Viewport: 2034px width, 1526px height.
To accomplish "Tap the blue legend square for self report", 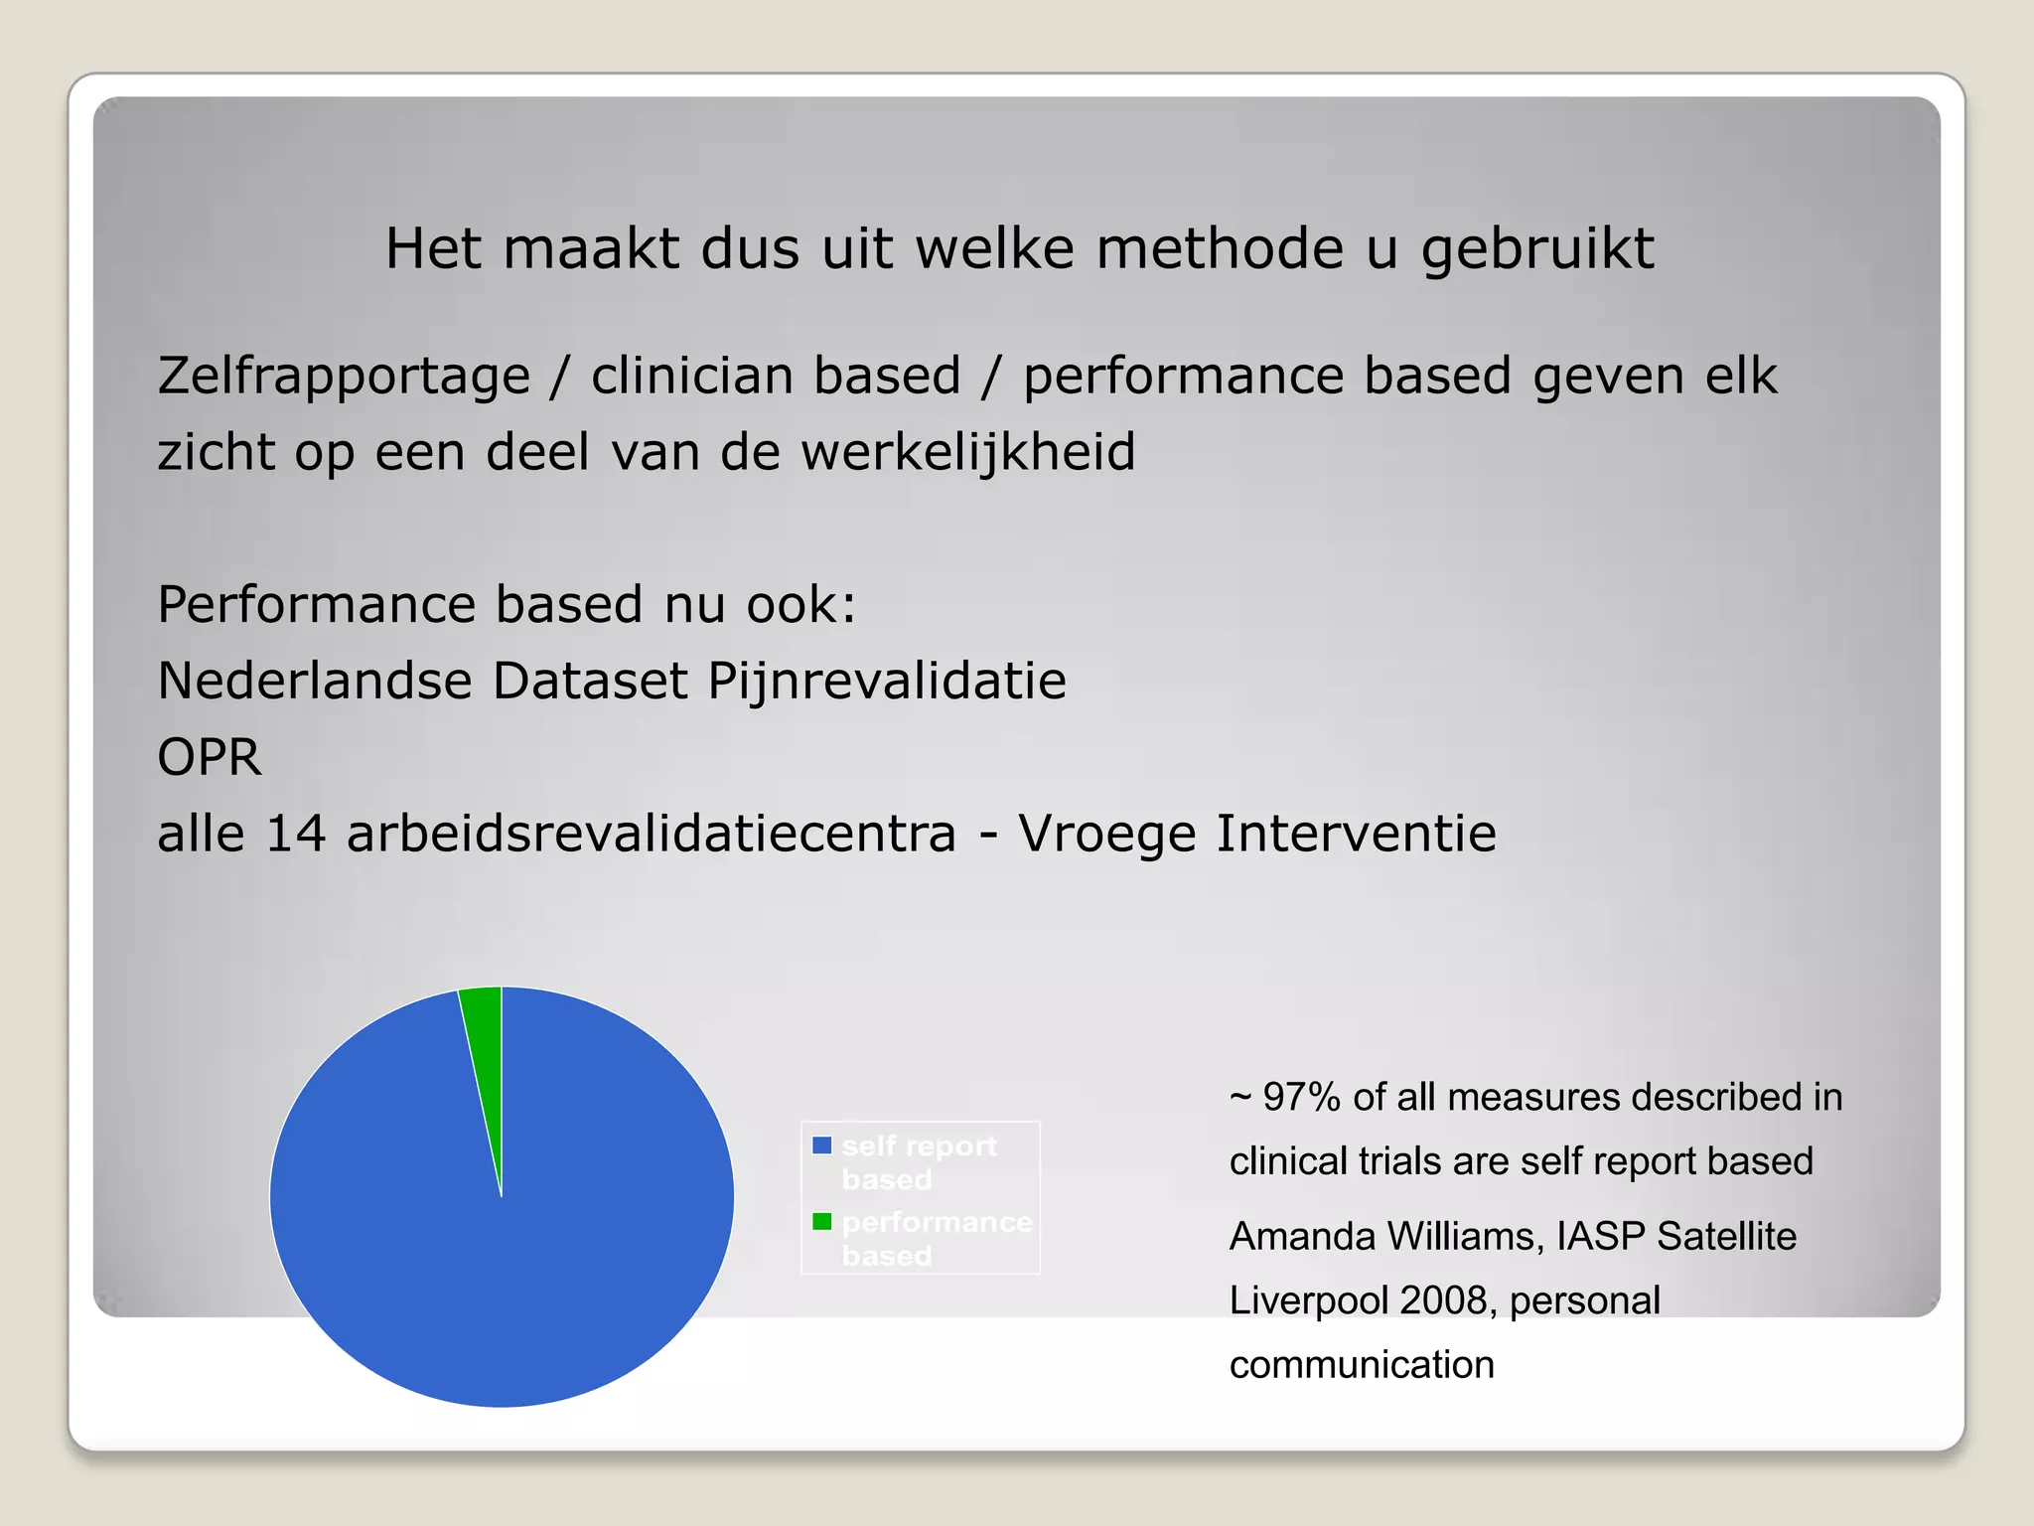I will (x=821, y=1145).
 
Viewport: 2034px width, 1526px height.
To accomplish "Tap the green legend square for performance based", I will (x=821, y=1221).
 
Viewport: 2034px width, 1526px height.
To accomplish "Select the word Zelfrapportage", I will (x=344, y=377).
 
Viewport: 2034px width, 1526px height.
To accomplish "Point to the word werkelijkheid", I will (x=968, y=452).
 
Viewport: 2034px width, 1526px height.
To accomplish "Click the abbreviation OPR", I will (x=210, y=757).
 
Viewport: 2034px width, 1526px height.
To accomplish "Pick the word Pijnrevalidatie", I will (x=886, y=682).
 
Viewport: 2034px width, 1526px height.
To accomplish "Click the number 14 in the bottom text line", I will (x=296, y=834).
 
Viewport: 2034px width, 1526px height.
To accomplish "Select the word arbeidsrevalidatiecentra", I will (x=651, y=834).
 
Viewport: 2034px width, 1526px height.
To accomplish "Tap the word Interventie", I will (x=1356, y=834).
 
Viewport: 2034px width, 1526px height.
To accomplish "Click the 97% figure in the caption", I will (x=1301, y=1098).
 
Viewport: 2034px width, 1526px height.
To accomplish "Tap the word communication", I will (x=1361, y=1366).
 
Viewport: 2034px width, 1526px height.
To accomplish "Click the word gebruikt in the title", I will (x=1537, y=248).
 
